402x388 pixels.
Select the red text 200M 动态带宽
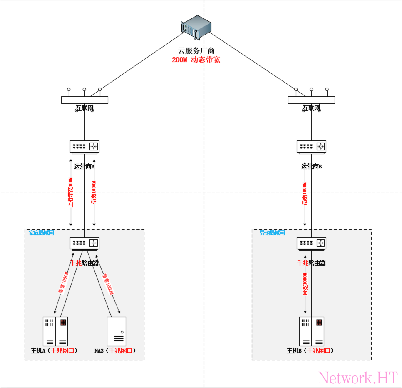pos(196,60)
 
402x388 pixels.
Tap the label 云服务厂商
pos(196,51)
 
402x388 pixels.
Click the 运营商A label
pos(84,166)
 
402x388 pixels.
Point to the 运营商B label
pos(311,166)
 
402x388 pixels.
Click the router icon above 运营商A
pos(84,146)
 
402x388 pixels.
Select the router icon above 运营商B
pos(311,146)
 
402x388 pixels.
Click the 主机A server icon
pos(55,331)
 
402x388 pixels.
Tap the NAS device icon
pos(116,331)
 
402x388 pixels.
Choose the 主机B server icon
pos(311,331)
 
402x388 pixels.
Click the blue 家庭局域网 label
pos(41,233)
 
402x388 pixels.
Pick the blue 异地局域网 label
pos(272,233)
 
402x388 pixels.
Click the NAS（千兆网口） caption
pos(115,350)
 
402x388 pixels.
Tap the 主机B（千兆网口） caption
pos(310,350)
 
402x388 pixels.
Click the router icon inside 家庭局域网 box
pos(84,243)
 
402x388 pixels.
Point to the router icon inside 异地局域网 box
pos(311,243)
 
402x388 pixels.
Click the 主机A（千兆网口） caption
pos(55,350)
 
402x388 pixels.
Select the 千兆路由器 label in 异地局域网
pos(311,263)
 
